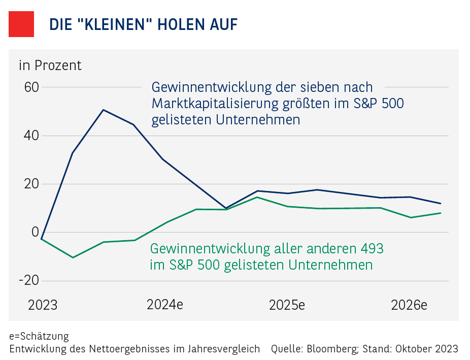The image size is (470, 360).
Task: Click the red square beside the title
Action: [21, 24]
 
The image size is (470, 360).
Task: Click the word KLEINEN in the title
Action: [114, 24]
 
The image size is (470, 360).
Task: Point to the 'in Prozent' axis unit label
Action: [50, 66]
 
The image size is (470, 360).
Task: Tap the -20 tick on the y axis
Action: [28, 281]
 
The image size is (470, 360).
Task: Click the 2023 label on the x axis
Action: [43, 305]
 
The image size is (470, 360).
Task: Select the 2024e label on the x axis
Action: [165, 305]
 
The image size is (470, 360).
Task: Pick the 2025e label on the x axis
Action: [287, 305]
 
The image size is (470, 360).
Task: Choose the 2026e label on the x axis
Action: [409, 305]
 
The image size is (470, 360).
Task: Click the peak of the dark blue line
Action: [103, 110]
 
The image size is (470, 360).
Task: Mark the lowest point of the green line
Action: [73, 257]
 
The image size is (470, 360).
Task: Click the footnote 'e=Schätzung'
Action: [39, 336]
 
